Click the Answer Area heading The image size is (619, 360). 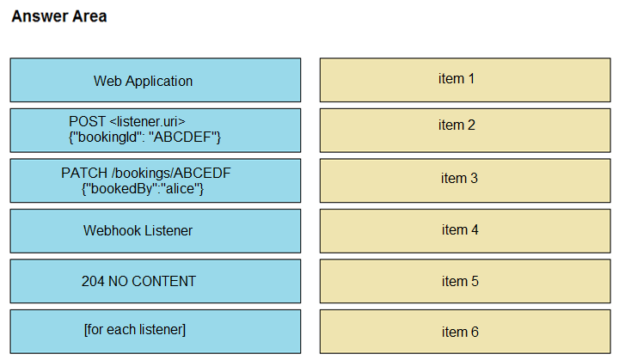[59, 16]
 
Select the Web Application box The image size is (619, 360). [155, 80]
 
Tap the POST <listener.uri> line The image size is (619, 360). [127, 121]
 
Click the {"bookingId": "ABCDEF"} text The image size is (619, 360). [144, 137]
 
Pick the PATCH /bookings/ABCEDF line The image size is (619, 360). [145, 173]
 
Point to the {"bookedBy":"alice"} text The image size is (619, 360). [143, 189]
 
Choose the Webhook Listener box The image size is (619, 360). [155, 231]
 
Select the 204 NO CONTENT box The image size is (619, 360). [155, 281]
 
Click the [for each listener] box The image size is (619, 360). [155, 332]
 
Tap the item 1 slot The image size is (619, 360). [465, 80]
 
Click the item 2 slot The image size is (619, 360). [465, 131]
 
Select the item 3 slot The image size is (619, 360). [465, 180]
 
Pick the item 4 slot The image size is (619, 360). [465, 231]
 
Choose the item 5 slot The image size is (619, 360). [465, 281]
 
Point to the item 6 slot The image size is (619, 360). [465, 332]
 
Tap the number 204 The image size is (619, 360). [93, 281]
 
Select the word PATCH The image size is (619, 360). [84, 173]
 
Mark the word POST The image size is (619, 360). [87, 121]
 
